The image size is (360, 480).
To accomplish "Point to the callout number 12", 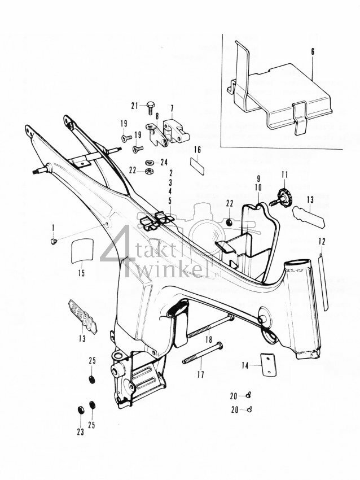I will [322, 241].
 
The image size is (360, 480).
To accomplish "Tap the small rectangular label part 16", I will [197, 167].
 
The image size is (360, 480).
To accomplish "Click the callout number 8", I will [155, 115].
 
